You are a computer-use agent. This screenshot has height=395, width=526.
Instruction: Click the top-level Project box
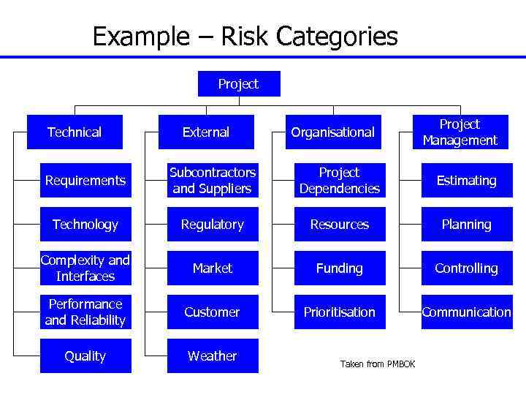(x=238, y=84)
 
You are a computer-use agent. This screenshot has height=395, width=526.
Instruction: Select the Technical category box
(x=74, y=132)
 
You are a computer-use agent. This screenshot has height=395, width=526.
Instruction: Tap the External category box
(x=206, y=132)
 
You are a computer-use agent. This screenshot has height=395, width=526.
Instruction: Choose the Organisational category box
(x=332, y=132)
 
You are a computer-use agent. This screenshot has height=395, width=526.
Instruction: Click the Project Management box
(x=460, y=132)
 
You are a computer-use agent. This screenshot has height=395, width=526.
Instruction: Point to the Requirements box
(x=85, y=181)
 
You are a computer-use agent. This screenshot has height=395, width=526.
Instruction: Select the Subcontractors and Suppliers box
(x=213, y=181)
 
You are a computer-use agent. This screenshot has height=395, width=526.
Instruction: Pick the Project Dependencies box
(x=339, y=181)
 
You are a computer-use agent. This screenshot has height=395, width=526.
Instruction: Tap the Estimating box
(x=466, y=181)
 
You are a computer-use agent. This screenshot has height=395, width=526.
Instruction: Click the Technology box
(x=85, y=225)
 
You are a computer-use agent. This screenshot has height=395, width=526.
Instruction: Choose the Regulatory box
(x=213, y=225)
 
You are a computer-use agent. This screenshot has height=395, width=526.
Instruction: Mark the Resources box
(x=339, y=225)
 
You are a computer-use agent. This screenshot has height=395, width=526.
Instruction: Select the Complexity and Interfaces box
(x=85, y=268)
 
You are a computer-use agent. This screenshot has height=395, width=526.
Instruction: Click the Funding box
(x=339, y=268)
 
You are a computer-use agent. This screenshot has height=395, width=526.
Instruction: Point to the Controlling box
(x=466, y=268)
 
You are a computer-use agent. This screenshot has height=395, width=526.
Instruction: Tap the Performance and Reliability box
(x=85, y=312)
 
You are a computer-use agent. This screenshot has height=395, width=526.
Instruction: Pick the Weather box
(x=213, y=356)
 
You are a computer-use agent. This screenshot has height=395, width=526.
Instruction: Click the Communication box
(x=466, y=312)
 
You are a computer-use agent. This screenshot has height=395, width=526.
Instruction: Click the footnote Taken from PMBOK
(x=378, y=364)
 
